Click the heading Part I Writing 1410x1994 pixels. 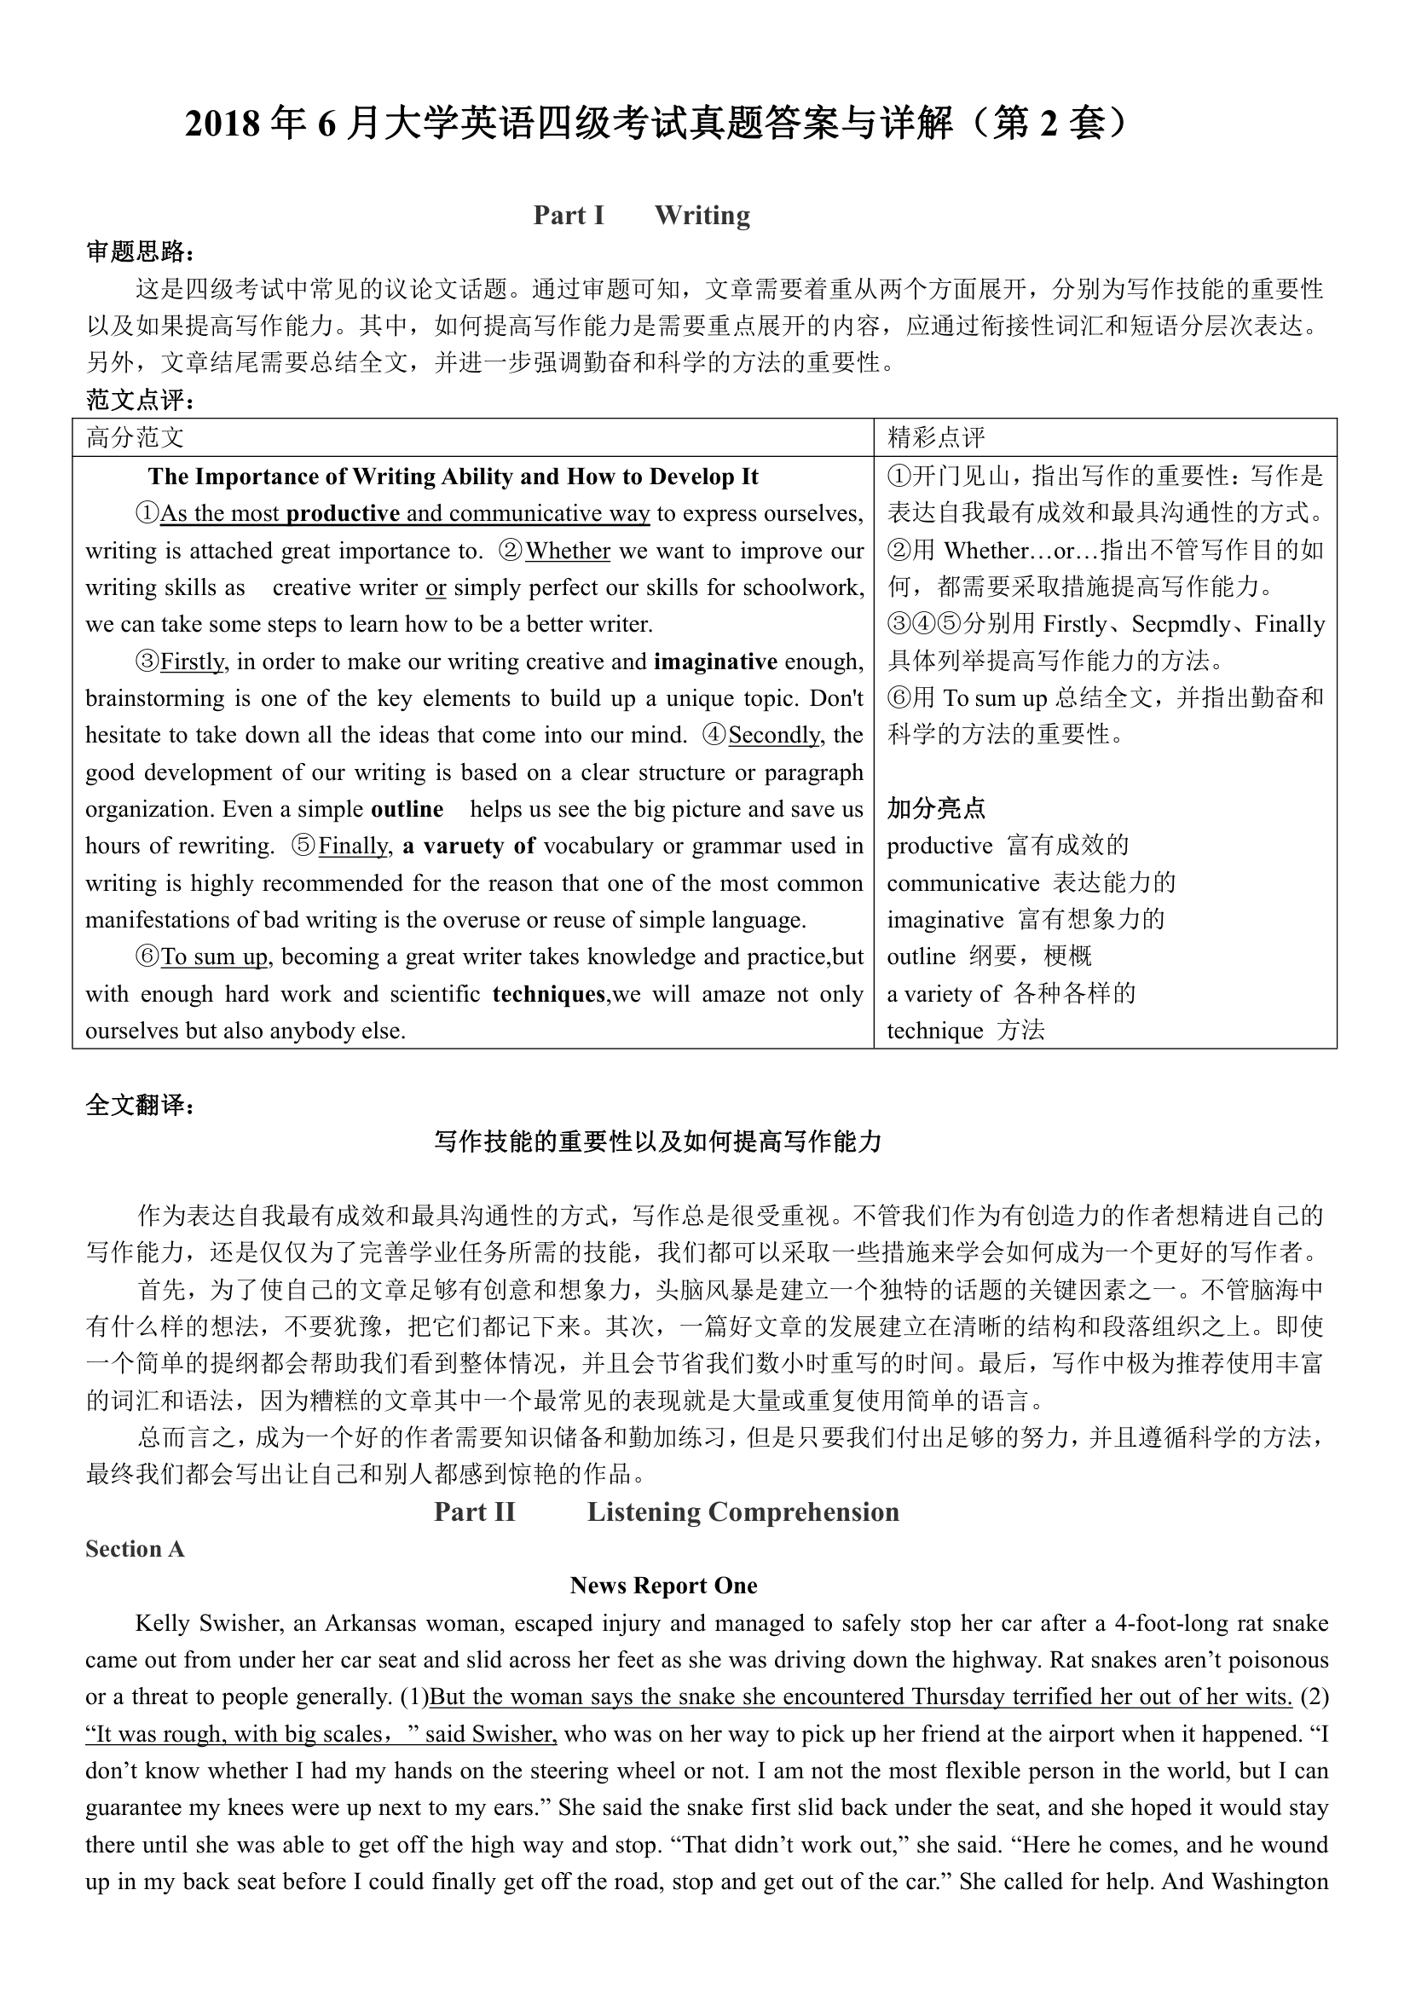tap(642, 216)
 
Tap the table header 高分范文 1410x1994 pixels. tap(135, 437)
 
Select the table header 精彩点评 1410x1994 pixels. tap(936, 437)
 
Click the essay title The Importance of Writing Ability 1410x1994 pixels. tap(453, 477)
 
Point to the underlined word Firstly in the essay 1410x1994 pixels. tap(192, 662)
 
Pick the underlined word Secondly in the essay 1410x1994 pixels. tap(773, 736)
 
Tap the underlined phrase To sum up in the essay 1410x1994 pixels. tap(215, 957)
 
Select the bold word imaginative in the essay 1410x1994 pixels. tap(715, 662)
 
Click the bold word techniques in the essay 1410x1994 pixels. tap(549, 994)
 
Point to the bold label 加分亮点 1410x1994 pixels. tap(936, 808)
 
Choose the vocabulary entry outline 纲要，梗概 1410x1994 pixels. tap(989, 957)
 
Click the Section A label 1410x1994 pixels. tap(135, 1549)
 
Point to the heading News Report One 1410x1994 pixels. tap(663, 1586)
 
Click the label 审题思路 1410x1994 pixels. tap(140, 252)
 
